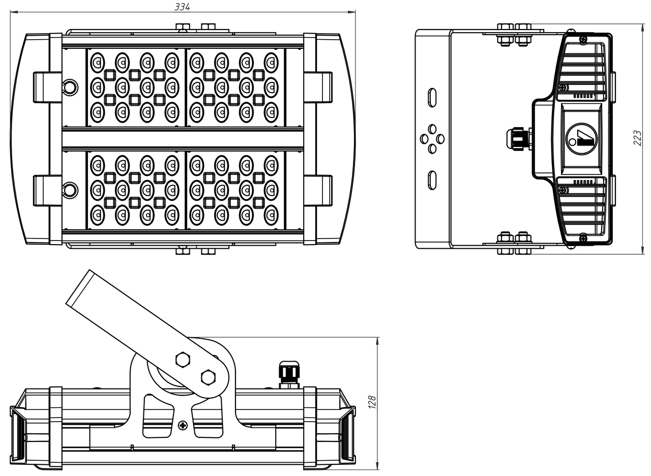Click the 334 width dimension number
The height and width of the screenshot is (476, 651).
(182, 7)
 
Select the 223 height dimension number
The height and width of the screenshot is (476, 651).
(637, 137)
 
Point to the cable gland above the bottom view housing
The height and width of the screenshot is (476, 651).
(289, 374)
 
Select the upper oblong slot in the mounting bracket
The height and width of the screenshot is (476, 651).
(432, 98)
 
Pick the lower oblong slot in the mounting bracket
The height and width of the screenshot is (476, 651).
(432, 180)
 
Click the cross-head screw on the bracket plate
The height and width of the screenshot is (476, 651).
(183, 425)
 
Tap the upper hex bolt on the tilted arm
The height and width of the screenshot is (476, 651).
(183, 360)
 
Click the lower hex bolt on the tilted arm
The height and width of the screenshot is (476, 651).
(208, 377)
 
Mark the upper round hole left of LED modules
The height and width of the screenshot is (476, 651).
(70, 87)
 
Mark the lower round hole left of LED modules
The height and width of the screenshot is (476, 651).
(70, 190)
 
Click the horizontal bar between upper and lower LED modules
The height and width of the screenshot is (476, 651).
(183, 139)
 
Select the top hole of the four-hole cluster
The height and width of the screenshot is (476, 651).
(432, 129)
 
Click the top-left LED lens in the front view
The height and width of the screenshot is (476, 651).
(97, 63)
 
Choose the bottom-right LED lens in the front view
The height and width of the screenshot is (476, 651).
(271, 215)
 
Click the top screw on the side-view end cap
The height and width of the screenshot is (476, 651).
(583, 39)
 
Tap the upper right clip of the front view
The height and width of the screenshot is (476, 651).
(318, 87)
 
